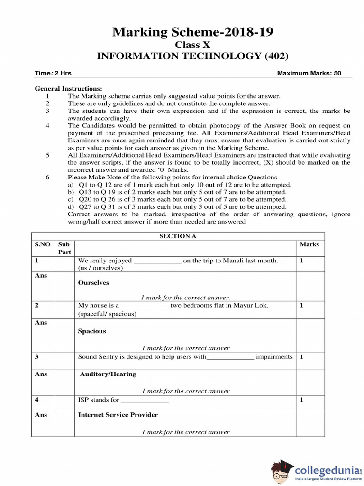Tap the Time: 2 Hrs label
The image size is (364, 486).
(53, 74)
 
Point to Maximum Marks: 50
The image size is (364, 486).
(309, 74)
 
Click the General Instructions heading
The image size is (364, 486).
(68, 89)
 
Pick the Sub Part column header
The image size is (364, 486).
(64, 248)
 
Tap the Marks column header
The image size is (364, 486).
(309, 244)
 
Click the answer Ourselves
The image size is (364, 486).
(93, 283)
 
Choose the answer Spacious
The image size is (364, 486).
(92, 331)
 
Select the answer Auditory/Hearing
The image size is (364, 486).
(108, 374)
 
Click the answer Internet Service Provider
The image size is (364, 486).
(118, 415)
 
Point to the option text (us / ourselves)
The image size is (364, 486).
(100, 268)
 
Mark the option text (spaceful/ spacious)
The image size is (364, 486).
(107, 314)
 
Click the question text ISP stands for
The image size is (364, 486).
(99, 400)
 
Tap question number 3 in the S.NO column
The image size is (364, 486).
(36, 357)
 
